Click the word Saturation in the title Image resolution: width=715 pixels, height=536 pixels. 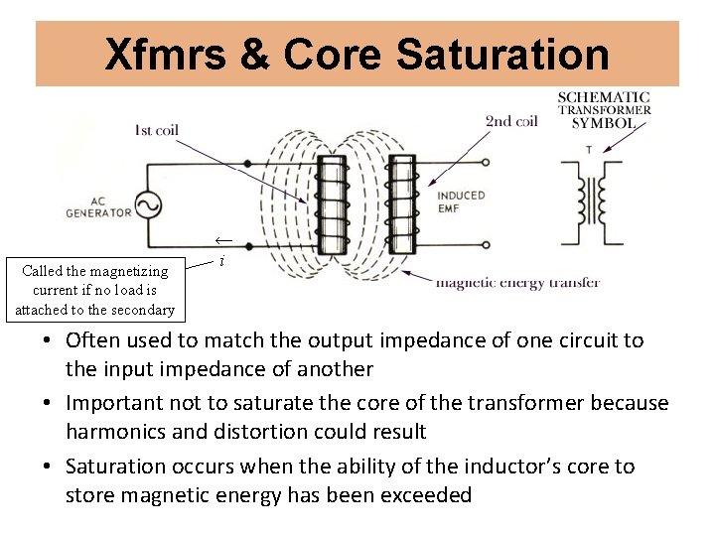click(502, 55)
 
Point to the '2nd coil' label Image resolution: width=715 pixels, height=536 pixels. click(511, 121)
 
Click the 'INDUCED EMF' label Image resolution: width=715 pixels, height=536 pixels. click(461, 201)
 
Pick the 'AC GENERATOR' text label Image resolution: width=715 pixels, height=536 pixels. click(98, 206)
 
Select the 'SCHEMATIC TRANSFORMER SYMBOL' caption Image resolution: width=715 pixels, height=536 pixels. click(604, 110)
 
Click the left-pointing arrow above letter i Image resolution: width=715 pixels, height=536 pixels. click(223, 241)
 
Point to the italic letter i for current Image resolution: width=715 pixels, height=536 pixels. click(221, 260)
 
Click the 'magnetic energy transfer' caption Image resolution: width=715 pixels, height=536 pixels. click(517, 283)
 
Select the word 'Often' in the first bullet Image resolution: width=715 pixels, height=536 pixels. click(91, 340)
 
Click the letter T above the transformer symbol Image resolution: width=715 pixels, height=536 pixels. click(588, 149)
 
